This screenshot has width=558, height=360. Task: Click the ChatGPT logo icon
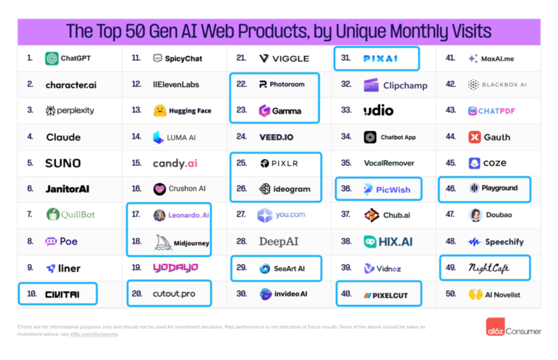(52, 59)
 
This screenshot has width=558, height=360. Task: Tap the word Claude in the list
(63, 137)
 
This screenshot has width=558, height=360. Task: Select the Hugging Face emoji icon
(159, 111)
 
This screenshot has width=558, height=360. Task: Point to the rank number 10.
(31, 294)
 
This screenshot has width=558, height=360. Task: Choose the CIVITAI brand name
(63, 294)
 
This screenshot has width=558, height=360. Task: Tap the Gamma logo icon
(264, 111)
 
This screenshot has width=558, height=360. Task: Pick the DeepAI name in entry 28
(278, 241)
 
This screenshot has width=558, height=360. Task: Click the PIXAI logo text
(381, 59)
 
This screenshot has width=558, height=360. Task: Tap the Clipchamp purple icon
(370, 85)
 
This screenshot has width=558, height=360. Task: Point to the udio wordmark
(378, 111)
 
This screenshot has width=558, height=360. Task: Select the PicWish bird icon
(369, 189)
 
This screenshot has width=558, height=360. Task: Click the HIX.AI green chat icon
(370, 241)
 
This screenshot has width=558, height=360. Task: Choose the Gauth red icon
(474, 137)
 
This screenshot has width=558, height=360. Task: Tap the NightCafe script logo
(488, 268)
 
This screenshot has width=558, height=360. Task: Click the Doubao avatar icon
(474, 216)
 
